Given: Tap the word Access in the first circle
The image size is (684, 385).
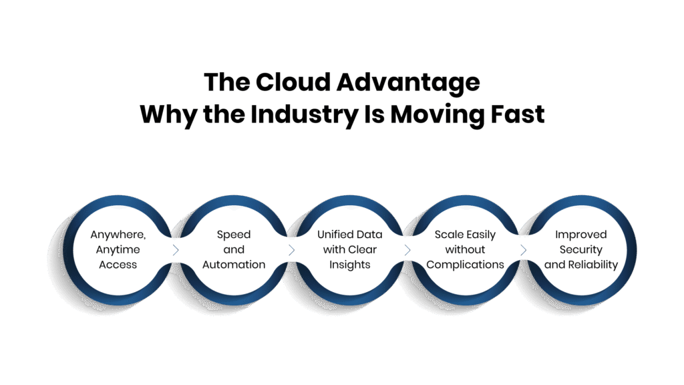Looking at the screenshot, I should click(x=118, y=265).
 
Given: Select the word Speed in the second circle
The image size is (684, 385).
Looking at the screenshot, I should click(x=234, y=235).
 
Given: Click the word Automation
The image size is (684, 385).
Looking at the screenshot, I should click(x=234, y=265).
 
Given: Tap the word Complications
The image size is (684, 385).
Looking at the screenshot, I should click(x=465, y=265).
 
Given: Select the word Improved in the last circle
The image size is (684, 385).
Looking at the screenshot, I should click(x=581, y=235).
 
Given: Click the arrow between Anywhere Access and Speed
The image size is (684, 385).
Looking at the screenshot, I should click(x=176, y=250).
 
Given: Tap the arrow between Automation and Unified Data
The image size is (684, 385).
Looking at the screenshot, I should click(x=291, y=250).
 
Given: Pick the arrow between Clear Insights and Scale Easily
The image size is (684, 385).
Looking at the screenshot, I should click(x=407, y=250).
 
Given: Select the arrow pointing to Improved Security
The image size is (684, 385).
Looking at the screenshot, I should click(x=523, y=250).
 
